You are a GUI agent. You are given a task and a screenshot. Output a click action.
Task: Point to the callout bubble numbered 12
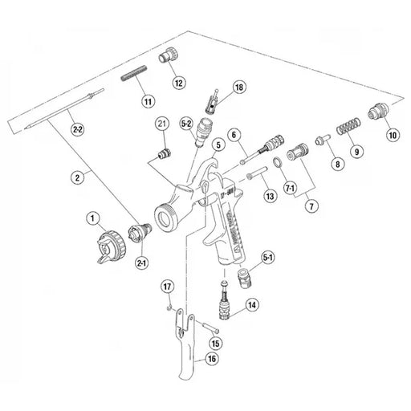pyautogui.click(x=177, y=82)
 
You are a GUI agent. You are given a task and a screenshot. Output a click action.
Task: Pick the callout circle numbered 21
pyautogui.click(x=161, y=123)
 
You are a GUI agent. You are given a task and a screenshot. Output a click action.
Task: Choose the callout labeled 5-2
pyautogui.click(x=186, y=124)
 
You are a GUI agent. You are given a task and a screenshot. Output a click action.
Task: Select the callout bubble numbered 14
pyautogui.click(x=252, y=305)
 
